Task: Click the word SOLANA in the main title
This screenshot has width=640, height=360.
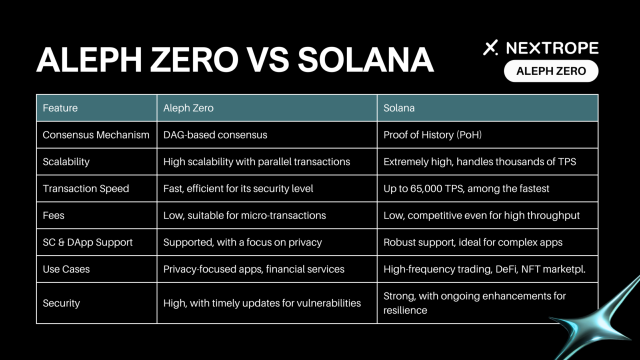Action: (x=365, y=60)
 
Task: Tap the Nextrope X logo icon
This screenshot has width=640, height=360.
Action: (x=490, y=47)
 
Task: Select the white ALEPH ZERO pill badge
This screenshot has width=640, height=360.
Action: (x=551, y=71)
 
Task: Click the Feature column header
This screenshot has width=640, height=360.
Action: (x=96, y=108)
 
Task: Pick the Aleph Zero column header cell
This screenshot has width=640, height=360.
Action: (x=267, y=108)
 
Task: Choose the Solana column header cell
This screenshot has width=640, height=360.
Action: (x=487, y=108)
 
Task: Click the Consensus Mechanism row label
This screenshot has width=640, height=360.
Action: (x=96, y=135)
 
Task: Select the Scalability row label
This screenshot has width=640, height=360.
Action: (x=66, y=161)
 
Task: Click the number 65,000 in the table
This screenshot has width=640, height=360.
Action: (x=426, y=189)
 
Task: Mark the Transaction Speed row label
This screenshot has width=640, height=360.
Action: (x=85, y=188)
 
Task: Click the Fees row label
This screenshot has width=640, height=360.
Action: (x=53, y=215)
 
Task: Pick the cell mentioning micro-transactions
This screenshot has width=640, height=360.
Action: (x=267, y=215)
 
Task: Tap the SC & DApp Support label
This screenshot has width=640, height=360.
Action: (x=87, y=242)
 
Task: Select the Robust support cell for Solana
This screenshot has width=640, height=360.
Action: (x=487, y=242)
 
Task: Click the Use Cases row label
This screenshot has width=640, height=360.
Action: (x=66, y=269)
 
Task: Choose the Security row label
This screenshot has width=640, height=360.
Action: (x=61, y=303)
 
